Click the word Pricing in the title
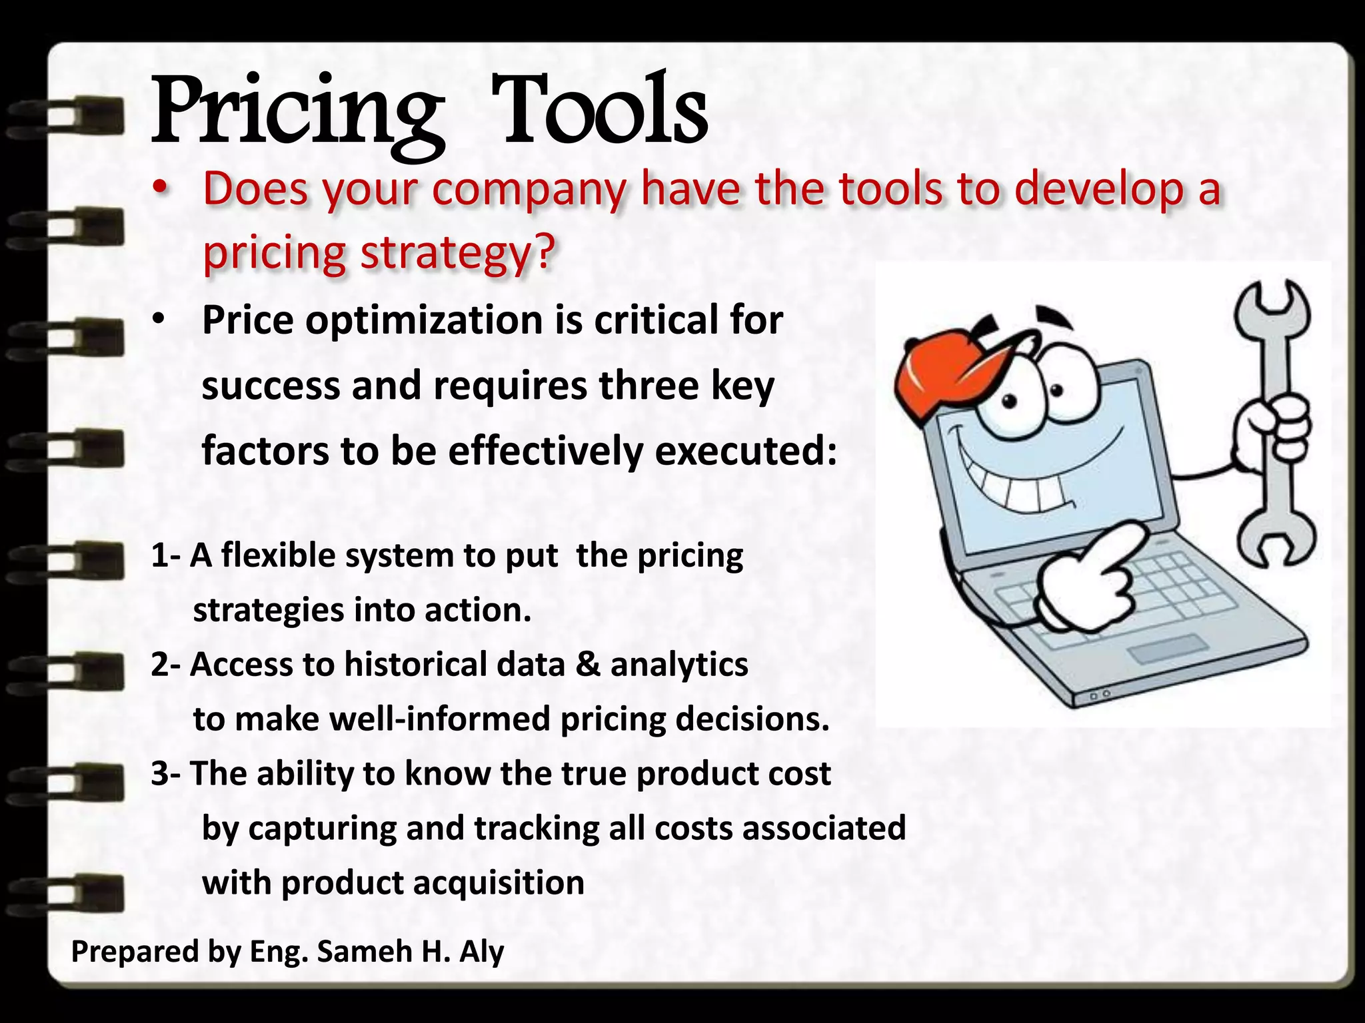[x=297, y=113]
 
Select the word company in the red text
[x=527, y=190]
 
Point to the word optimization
[x=425, y=320]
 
